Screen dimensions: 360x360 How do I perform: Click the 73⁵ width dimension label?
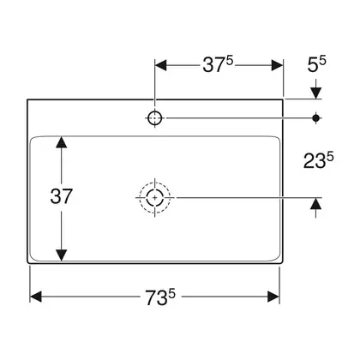[160, 297]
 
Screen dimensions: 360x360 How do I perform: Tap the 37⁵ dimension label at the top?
[218, 64]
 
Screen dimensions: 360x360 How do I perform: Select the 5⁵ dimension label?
[316, 64]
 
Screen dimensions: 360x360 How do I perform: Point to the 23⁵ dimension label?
[319, 160]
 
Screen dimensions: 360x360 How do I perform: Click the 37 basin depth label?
[62, 196]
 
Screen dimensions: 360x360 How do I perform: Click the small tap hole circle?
[155, 117]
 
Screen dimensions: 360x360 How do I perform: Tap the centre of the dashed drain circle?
[155, 197]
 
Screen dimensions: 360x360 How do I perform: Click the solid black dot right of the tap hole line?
[315, 117]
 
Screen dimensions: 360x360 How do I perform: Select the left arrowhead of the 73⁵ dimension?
[36, 297]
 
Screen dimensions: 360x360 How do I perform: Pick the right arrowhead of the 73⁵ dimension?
[273, 297]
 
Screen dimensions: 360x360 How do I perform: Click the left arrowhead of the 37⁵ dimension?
[160, 65]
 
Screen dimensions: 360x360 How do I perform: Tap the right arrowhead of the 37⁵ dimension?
[277, 65]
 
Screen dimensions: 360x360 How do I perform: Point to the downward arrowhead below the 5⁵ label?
[315, 93]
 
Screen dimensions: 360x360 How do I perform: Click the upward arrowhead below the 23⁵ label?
[315, 203]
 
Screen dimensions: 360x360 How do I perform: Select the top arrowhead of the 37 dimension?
[62, 142]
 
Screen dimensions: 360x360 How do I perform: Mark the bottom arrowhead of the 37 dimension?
[62, 255]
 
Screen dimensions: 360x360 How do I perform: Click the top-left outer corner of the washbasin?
[27, 99]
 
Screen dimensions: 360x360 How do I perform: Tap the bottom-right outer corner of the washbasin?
[283, 263]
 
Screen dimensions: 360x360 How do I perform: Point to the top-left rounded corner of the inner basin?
[32, 138]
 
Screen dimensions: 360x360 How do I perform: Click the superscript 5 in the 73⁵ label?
[171, 293]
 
